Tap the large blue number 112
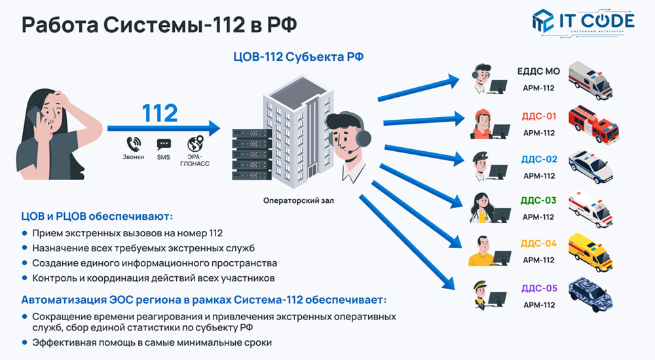click(x=160, y=113)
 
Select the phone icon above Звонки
click(x=133, y=143)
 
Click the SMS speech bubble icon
click(x=163, y=144)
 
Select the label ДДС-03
click(x=538, y=200)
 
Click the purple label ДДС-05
click(x=538, y=288)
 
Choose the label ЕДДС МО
click(x=538, y=71)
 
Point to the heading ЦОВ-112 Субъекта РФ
click(x=299, y=56)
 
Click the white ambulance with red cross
click(x=591, y=208)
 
